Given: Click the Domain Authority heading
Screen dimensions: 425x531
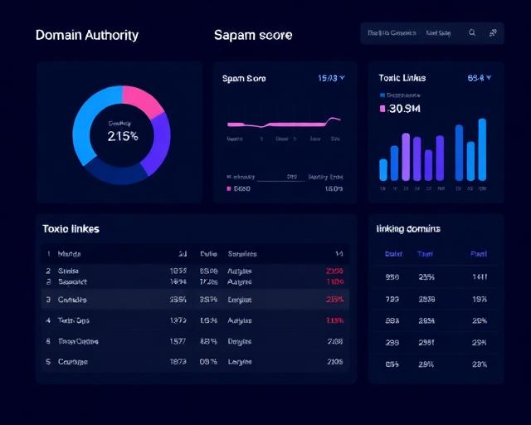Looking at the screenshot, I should [x=87, y=35].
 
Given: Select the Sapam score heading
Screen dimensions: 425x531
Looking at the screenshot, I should [x=253, y=35].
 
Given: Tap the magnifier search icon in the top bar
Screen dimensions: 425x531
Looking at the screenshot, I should [x=472, y=33].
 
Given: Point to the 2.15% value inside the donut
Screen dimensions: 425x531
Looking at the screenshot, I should [x=122, y=136].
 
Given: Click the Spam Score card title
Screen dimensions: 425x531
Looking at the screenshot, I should [x=244, y=78].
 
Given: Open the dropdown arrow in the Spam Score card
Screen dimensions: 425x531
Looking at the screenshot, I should [x=342, y=78].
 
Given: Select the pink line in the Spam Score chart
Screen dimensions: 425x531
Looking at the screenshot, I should [x=282, y=124].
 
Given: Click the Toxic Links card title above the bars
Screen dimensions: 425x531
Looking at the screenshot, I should [x=402, y=78].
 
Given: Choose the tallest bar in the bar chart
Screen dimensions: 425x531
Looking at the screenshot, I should [x=482, y=149].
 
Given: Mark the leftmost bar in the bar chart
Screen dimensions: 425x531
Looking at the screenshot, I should [x=383, y=169].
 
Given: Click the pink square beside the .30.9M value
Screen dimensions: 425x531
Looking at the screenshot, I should [x=382, y=108].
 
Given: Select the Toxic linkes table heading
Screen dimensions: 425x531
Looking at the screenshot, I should [x=71, y=228].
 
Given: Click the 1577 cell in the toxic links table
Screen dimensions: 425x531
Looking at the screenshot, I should [x=177, y=341].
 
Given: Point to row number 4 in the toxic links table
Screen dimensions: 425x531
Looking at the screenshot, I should [x=48, y=320].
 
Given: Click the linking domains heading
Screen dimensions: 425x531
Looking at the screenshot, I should [x=408, y=228].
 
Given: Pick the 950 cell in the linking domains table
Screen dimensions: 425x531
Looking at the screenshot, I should [x=392, y=277].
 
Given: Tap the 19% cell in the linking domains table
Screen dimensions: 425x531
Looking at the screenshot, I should [x=479, y=299].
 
